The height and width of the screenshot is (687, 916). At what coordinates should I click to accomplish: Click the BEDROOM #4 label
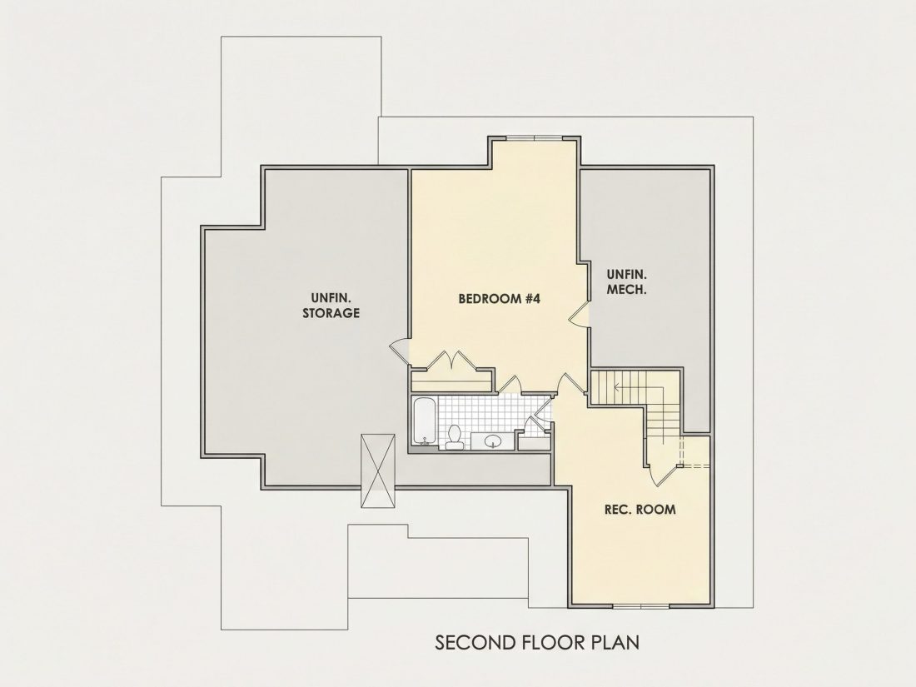coord(500,299)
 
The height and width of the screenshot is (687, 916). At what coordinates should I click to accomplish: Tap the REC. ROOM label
coord(640,510)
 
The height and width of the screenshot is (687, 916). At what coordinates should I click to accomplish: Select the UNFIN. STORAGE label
coord(331,306)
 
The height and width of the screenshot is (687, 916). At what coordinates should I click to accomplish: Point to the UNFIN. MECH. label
coord(626,281)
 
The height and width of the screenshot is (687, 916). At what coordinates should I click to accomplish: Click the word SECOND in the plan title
coord(475,643)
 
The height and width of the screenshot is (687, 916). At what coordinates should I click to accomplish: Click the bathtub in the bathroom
coord(423,420)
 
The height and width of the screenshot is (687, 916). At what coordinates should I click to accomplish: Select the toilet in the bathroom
coord(455,437)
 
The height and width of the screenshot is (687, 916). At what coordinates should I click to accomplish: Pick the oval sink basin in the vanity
coord(492,441)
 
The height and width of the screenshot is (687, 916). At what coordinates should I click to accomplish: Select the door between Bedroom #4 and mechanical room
coord(579,313)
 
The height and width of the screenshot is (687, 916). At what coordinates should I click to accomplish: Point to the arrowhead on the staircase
coord(615,386)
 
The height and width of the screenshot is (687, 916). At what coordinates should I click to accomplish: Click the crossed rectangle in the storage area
coord(378,470)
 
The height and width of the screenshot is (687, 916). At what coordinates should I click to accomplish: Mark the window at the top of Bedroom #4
coord(534,138)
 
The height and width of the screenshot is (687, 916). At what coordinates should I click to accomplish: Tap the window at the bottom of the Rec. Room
coord(641,606)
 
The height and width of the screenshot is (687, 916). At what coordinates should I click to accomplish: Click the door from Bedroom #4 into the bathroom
coord(510,385)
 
